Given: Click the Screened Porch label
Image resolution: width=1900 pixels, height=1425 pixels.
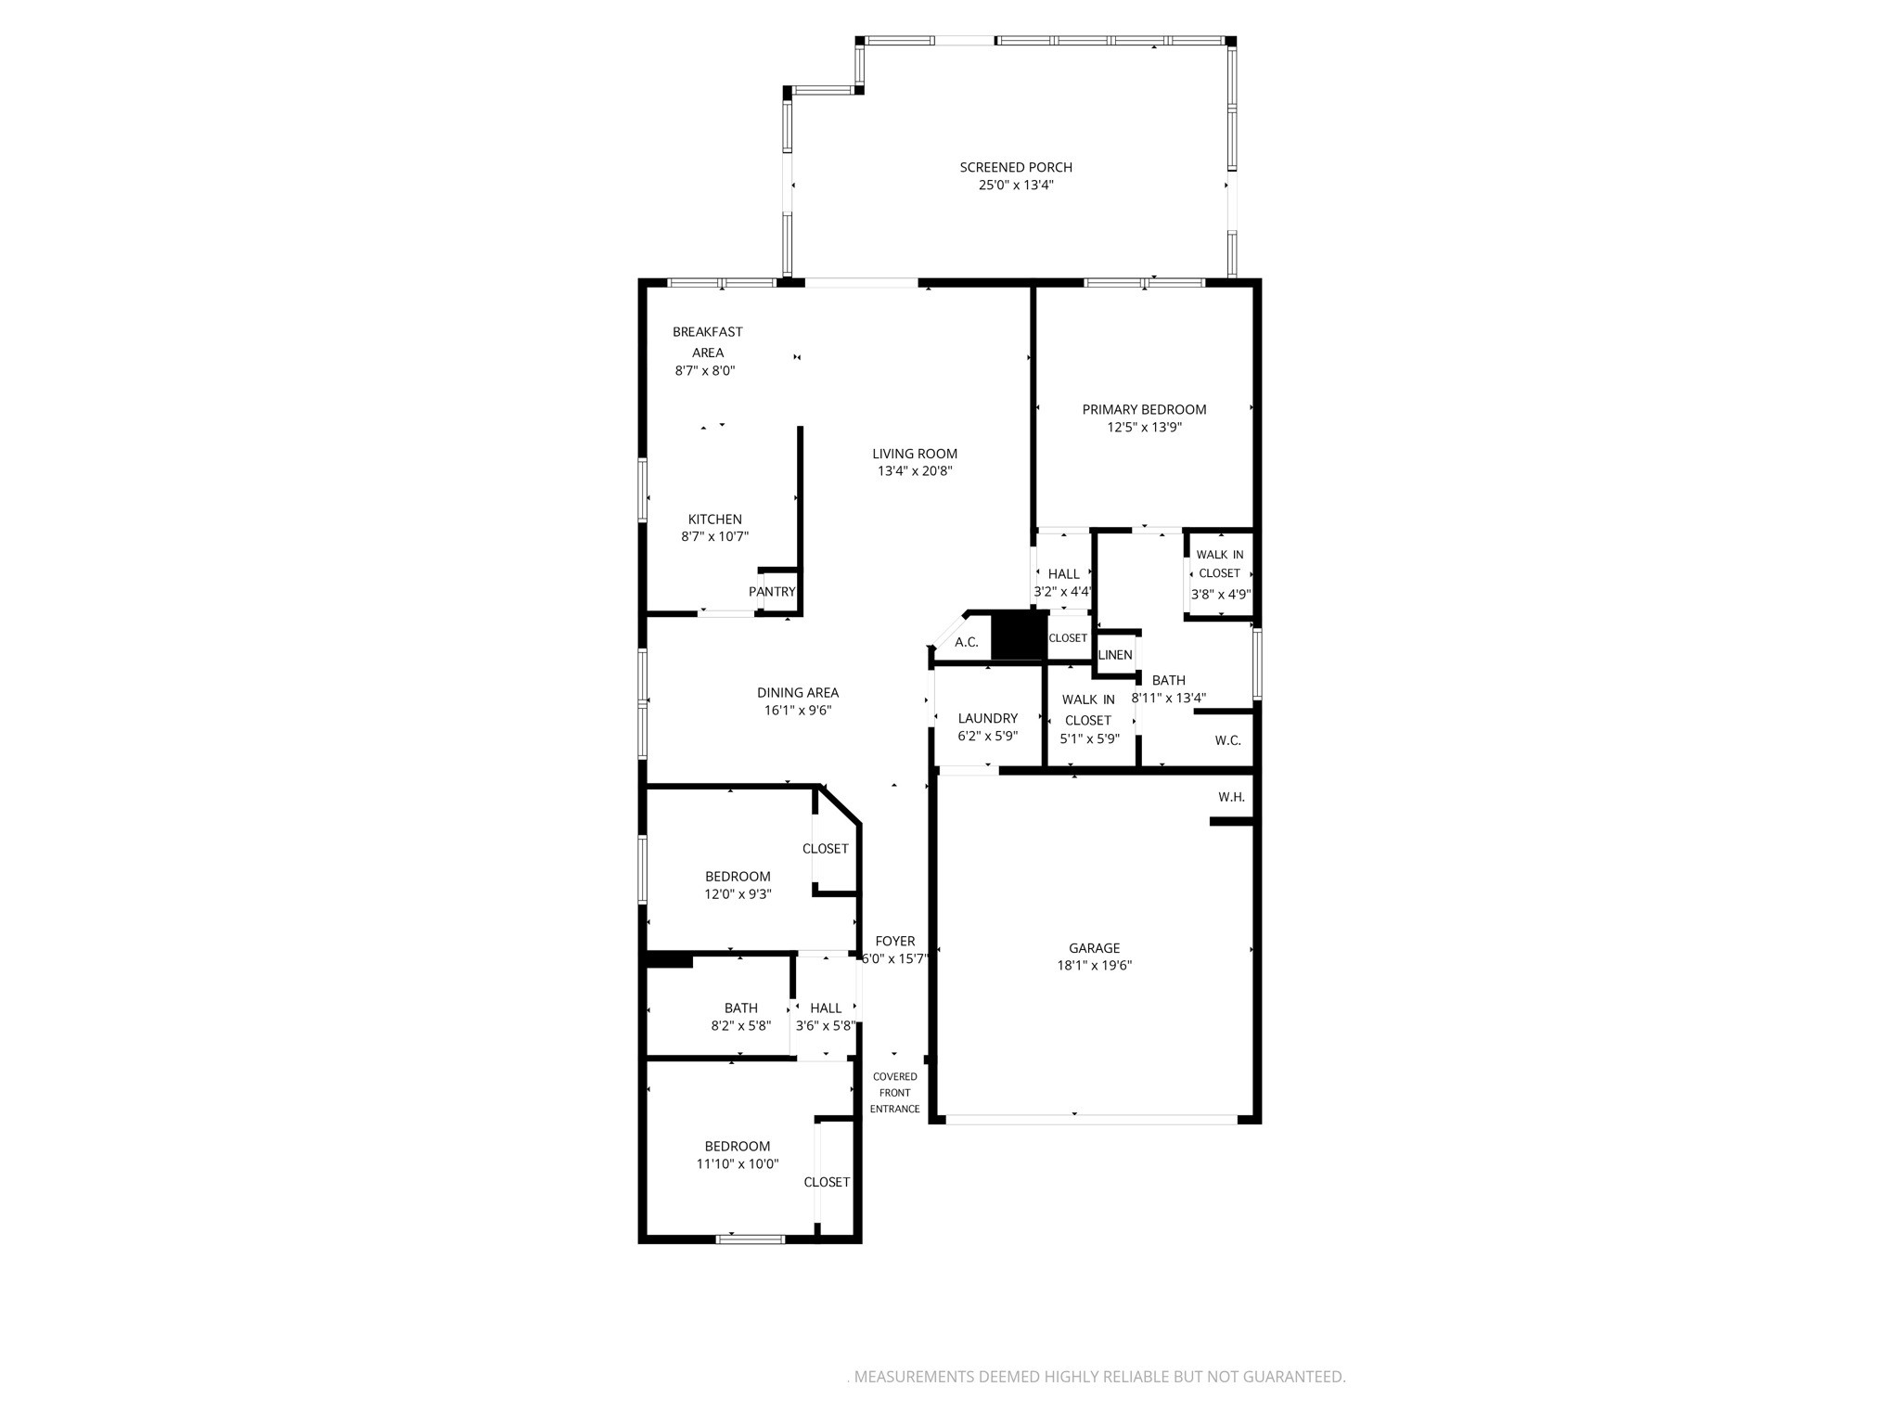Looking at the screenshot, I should tap(1016, 168).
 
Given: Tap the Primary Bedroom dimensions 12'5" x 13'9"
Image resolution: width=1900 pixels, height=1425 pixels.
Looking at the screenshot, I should tap(1144, 428).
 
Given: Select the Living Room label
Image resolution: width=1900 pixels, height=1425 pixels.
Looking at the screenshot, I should tap(915, 454).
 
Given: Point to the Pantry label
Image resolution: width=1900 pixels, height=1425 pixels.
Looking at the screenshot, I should tap(772, 592).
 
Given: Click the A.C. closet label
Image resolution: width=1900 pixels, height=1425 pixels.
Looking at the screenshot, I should tap(967, 642).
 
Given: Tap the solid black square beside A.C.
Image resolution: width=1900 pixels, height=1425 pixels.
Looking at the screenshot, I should tap(1019, 636).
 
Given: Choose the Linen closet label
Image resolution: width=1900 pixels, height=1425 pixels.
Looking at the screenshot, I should tap(1115, 655).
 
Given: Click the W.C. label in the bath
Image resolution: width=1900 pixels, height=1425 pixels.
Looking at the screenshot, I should tap(1227, 740).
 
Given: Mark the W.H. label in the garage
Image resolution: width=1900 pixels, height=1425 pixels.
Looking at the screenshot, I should tap(1231, 797).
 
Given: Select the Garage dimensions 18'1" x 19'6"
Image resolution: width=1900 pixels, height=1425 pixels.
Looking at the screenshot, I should tap(1095, 965).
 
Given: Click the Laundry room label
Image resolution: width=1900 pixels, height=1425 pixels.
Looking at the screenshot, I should tap(988, 718).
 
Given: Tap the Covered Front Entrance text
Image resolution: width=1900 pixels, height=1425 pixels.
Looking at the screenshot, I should tap(895, 1093).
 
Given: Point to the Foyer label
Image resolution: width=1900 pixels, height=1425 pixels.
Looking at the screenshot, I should tap(895, 941).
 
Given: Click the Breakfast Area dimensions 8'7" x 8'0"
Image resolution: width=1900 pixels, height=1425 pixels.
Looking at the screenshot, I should tap(705, 370).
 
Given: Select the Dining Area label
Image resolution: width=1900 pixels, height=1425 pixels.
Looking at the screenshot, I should tap(798, 692).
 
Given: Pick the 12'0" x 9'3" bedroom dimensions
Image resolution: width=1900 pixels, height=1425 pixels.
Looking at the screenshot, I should tap(738, 894).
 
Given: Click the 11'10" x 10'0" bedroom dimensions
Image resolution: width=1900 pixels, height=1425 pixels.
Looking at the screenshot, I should tap(738, 1163).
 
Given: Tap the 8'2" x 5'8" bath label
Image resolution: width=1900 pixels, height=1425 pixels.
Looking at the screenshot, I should tap(740, 1008).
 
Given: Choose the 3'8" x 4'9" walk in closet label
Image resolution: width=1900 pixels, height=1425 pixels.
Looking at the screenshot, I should tap(1220, 574).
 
